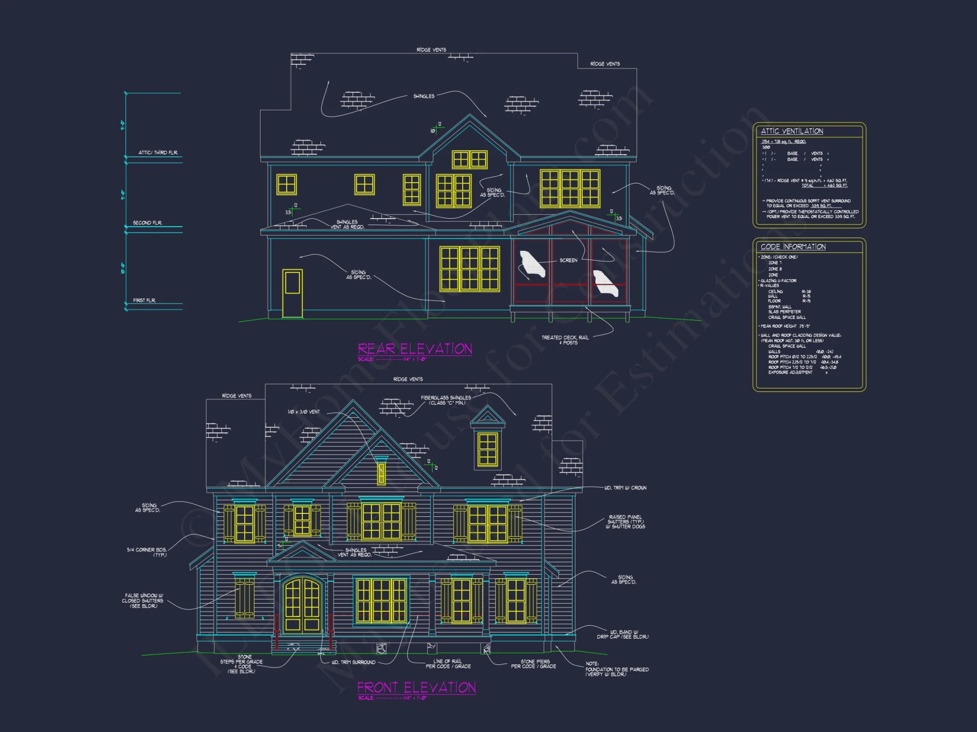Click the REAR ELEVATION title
coord(415,349)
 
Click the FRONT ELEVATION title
coord(416,688)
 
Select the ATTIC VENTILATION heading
coord(792,131)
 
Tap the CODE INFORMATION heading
coord(793,247)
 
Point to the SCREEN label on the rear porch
coord(568,261)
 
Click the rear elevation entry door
coord(293,293)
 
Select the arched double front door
coord(303,605)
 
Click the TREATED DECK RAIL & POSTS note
coord(565,340)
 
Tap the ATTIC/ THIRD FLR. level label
coord(158,153)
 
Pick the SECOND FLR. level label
coord(147,223)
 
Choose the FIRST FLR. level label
coord(144,301)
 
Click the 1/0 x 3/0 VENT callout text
coord(303,412)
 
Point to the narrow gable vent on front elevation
coord(381,472)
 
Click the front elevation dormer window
coord(488,449)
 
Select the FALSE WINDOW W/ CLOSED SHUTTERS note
coord(143,601)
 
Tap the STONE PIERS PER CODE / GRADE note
coord(533,664)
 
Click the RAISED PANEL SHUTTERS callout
coord(625,522)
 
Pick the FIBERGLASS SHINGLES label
coord(446,400)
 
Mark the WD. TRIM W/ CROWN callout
coord(625,488)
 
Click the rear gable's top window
coord(469,159)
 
